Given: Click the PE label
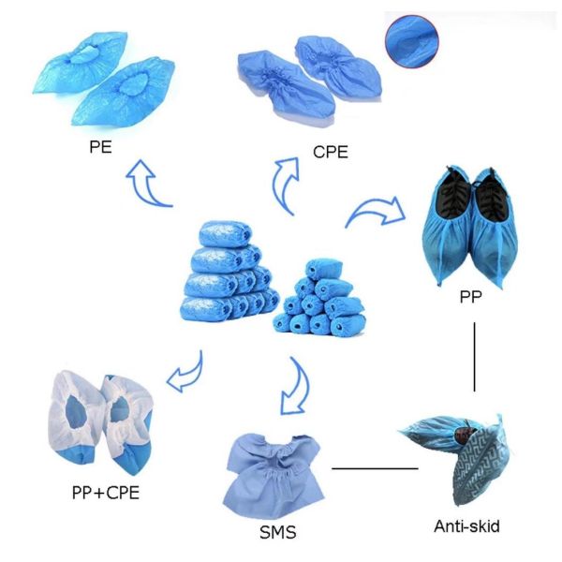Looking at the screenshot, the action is tap(100, 147).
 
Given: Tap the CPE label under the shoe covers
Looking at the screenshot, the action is tap(331, 152).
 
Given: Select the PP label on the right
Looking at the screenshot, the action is tap(470, 297).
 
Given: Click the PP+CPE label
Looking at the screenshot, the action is tap(105, 493).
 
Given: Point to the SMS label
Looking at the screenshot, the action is tap(278, 532).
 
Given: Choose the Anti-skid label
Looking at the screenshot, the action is tap(466, 526).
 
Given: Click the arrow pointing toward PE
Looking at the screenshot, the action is tap(145, 183).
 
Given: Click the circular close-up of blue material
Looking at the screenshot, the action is tap(412, 41).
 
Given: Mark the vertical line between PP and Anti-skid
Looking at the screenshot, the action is tap(475, 357).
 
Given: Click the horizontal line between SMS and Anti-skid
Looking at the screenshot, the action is tap(375, 468).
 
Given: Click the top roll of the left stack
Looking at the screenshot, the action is tap(225, 234).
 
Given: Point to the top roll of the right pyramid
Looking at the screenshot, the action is tap(324, 270).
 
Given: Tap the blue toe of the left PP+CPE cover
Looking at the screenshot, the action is tap(77, 456).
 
